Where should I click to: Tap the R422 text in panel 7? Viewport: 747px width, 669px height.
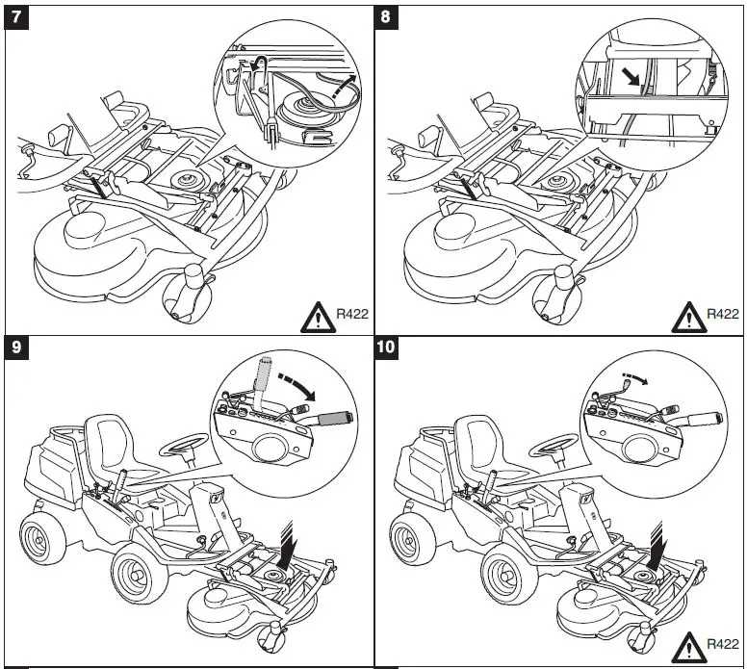click(x=351, y=313)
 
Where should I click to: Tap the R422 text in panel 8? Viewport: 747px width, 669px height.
click(x=723, y=313)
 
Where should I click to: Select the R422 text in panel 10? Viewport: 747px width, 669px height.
click(x=723, y=643)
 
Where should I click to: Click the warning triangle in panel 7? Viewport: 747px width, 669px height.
click(x=316, y=316)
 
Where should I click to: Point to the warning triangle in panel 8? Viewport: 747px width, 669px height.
click(x=687, y=316)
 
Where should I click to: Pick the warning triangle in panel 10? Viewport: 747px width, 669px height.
click(x=687, y=646)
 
